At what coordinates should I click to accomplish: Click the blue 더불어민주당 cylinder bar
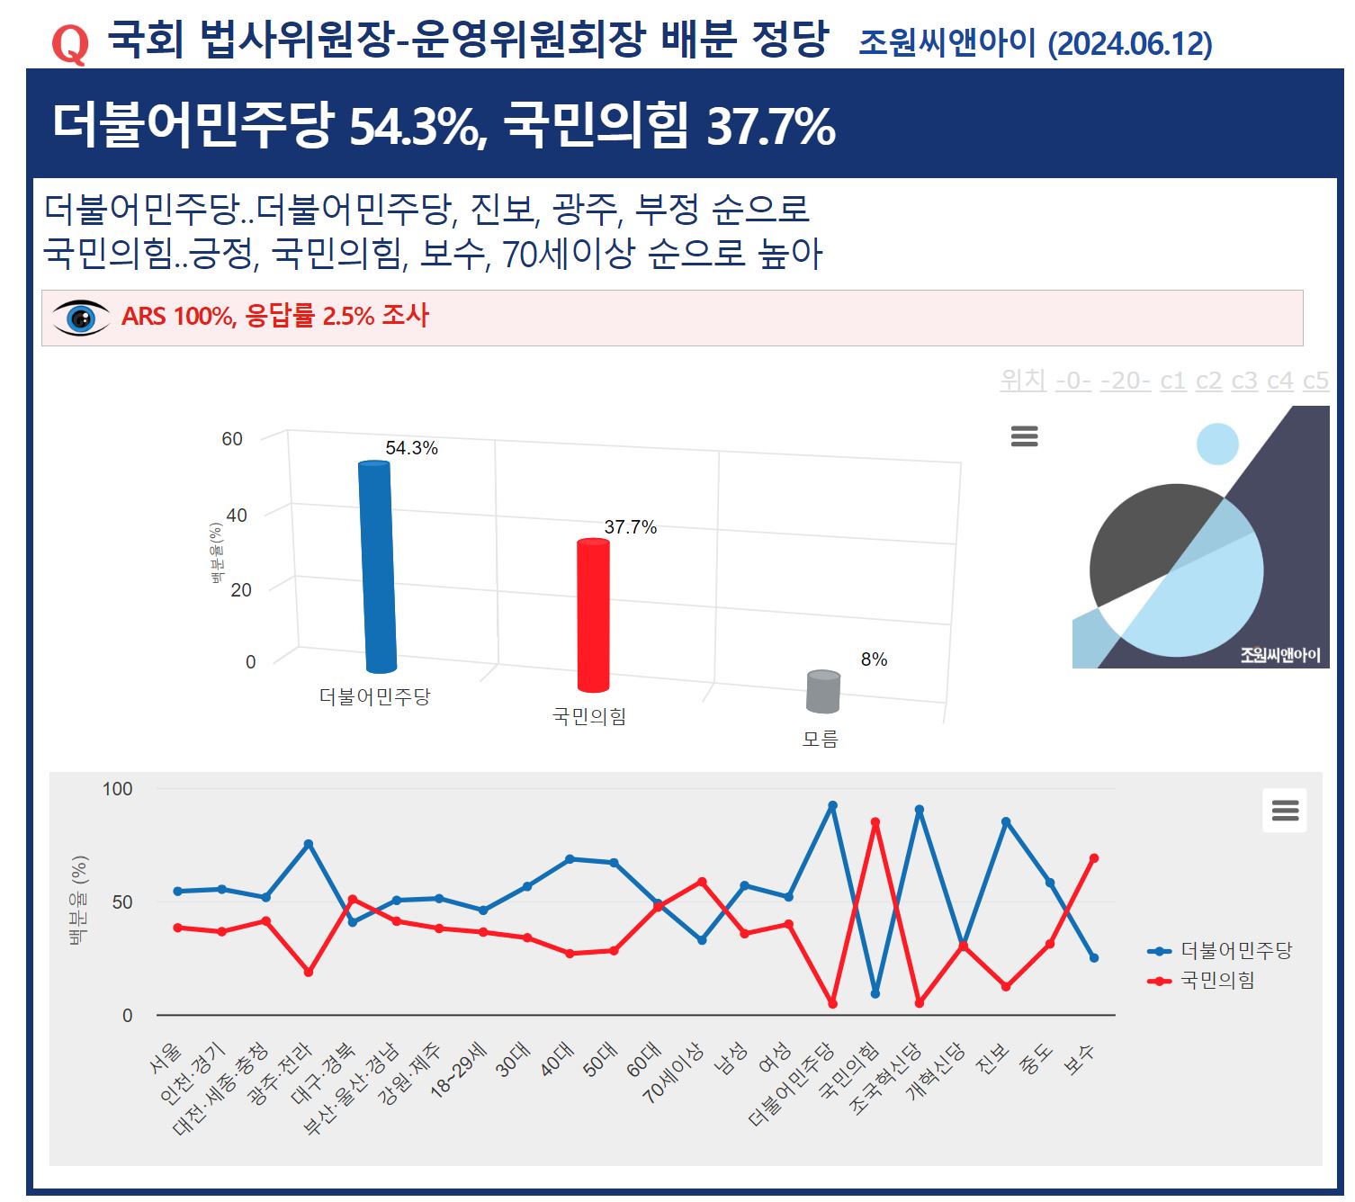377,567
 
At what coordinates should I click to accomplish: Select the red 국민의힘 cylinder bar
593,615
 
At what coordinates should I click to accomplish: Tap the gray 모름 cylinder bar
823,691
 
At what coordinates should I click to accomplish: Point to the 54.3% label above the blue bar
411,448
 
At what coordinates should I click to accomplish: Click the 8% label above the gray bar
874,659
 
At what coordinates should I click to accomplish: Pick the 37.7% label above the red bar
630,527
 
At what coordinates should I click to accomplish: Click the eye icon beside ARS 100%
81,318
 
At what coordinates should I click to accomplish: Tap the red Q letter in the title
69,43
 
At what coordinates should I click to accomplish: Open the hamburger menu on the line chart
1285,811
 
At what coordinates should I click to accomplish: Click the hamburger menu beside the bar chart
1025,436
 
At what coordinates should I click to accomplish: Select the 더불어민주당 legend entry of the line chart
1221,950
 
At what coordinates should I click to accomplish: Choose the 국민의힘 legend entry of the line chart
1202,980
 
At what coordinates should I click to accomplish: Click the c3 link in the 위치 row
1244,381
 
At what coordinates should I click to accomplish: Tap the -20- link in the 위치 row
1126,381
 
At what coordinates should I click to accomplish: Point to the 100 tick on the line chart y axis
118,789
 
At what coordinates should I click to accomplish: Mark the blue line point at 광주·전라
309,844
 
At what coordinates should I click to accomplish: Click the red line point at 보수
1094,858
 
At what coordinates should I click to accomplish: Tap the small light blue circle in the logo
1217,444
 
